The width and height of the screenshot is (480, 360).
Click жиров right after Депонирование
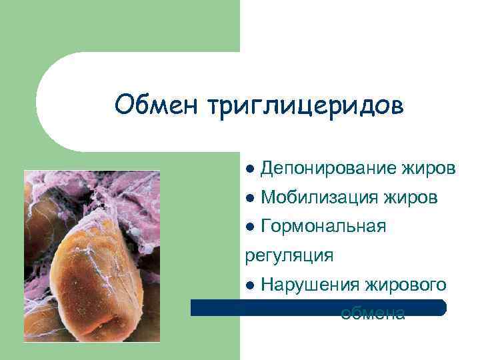point(429,169)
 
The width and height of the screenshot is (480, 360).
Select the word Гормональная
point(323,227)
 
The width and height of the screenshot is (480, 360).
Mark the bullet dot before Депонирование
point(250,169)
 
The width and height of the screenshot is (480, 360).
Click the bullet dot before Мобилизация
point(250,198)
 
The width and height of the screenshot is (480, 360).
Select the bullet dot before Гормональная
point(250,227)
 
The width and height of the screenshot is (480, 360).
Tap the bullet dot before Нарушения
point(250,286)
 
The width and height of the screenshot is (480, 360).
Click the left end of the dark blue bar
point(194,307)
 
